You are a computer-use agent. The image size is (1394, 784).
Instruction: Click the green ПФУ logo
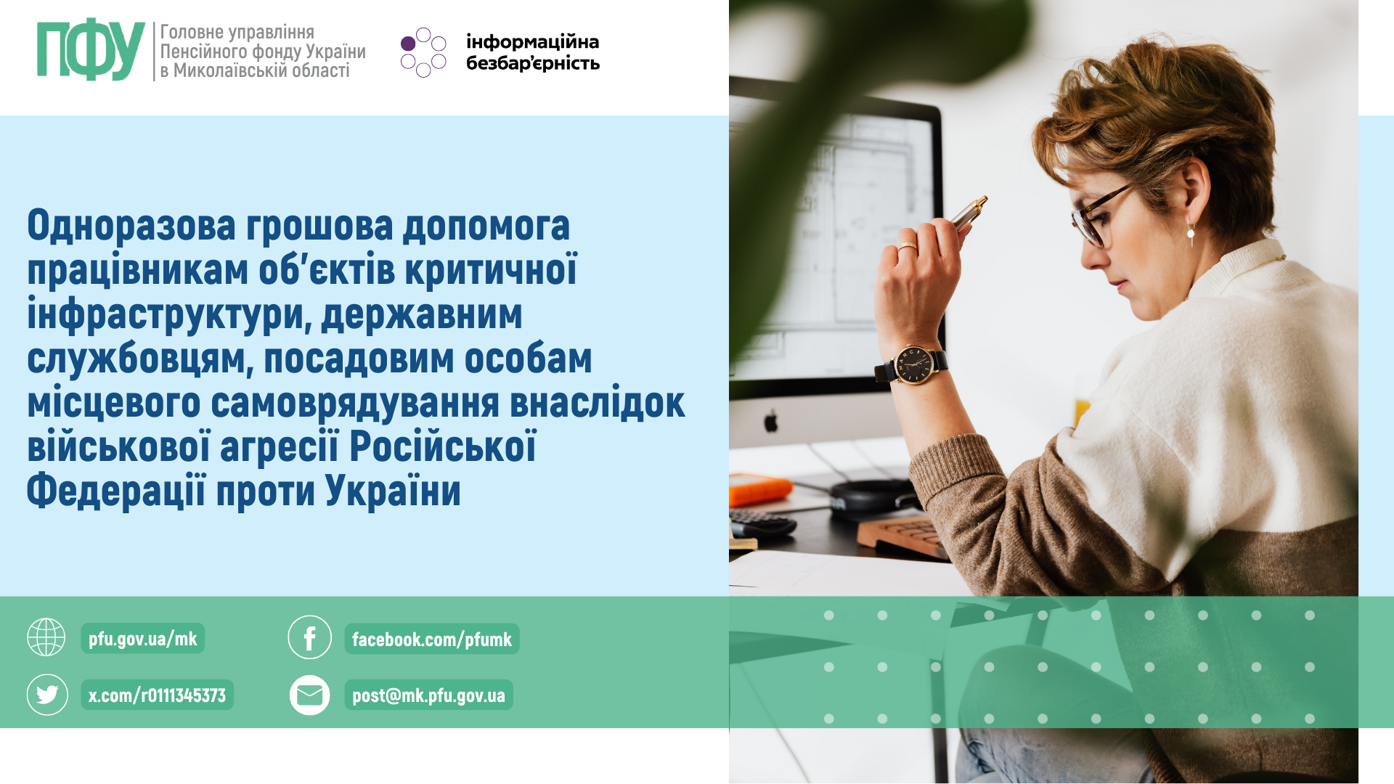91,49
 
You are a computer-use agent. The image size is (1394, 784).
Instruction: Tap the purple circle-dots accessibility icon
423,52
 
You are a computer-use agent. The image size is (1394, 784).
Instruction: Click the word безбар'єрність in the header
533,64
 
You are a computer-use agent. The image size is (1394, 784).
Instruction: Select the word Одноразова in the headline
131,225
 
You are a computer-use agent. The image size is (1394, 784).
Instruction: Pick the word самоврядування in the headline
355,404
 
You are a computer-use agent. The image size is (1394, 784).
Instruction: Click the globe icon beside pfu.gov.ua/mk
46,637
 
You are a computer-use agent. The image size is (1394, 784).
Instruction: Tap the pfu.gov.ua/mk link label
143,639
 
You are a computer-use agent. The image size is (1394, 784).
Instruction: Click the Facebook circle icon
309,637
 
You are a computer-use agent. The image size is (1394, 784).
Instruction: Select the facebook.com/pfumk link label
432,640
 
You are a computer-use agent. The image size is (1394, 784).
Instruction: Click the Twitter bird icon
47,695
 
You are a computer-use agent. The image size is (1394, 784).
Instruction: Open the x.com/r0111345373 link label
157,695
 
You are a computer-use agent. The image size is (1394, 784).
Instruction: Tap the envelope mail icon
310,695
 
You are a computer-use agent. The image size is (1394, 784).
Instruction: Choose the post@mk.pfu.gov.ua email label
428,695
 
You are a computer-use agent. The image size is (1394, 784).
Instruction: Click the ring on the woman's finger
906,248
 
